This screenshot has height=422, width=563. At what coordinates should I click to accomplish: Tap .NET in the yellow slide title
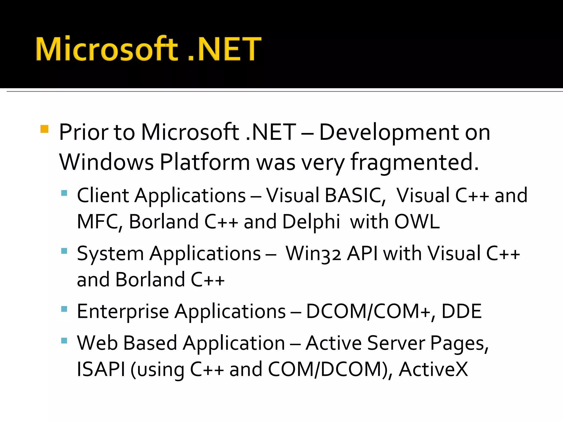pos(224,49)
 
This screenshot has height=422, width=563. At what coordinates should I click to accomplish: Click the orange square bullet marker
pos(44,129)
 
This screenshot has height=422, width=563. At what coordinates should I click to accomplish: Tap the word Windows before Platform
pos(106,162)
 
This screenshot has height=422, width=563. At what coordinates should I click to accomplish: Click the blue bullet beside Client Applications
pos(64,193)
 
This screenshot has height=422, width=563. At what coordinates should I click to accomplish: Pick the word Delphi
pos(311,222)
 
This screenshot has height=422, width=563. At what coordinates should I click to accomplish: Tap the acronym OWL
pos(417,222)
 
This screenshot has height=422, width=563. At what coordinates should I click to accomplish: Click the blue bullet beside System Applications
pos(64,251)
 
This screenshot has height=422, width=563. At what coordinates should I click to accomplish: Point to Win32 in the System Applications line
pos(313,254)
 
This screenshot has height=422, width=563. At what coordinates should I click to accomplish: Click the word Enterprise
pos(123,312)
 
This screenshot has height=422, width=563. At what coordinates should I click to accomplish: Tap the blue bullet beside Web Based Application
pos(64,341)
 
